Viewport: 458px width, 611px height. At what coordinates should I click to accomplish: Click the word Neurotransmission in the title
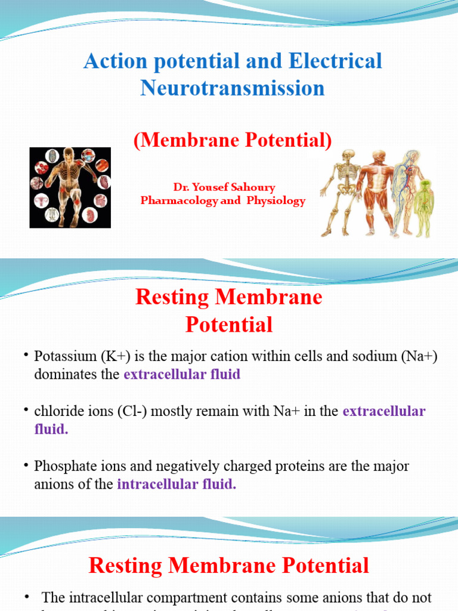[233, 88]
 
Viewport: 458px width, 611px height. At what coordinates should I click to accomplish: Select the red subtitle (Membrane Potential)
[232, 140]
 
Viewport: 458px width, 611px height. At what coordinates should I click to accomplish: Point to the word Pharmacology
[179, 201]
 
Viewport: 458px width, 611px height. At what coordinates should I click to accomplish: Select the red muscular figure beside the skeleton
[376, 191]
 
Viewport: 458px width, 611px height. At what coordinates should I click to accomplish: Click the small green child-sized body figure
[425, 206]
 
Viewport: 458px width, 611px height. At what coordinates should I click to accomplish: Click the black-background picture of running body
[70, 187]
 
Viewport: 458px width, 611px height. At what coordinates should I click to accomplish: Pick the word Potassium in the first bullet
[61, 357]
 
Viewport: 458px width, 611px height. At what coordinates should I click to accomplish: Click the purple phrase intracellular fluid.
[177, 485]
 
